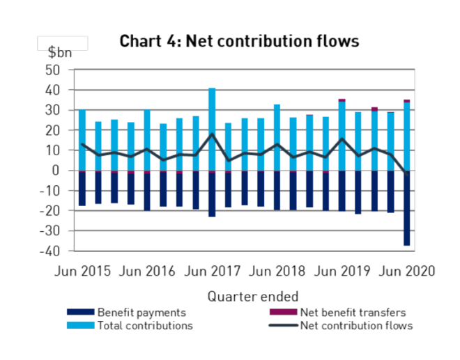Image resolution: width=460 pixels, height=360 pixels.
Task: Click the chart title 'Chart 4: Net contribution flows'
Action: [x=239, y=41]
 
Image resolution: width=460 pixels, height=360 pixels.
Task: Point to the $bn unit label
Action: [x=60, y=53]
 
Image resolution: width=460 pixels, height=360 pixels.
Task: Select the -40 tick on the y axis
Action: [x=51, y=251]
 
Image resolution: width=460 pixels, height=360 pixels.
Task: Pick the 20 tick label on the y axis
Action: [x=54, y=130]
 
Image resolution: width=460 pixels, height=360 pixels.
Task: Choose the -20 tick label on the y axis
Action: [x=51, y=211]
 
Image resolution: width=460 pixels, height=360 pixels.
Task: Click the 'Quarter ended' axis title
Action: [x=253, y=296]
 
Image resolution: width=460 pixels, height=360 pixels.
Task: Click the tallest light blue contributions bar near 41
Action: [x=212, y=129]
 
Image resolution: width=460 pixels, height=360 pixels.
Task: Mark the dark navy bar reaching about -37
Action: [x=406, y=209]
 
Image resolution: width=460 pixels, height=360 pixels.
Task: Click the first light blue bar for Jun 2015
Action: [x=82, y=139]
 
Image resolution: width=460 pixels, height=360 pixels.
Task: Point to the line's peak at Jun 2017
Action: [x=212, y=134]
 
